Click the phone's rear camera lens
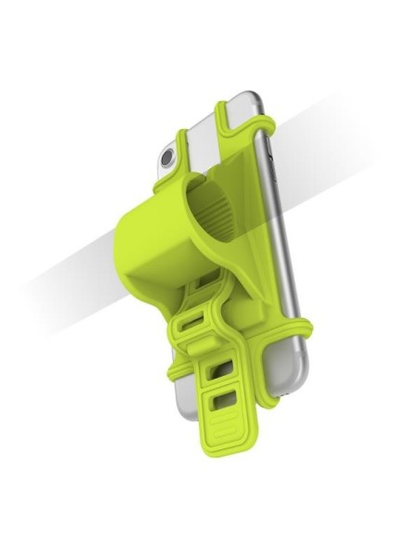pos(167,158)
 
